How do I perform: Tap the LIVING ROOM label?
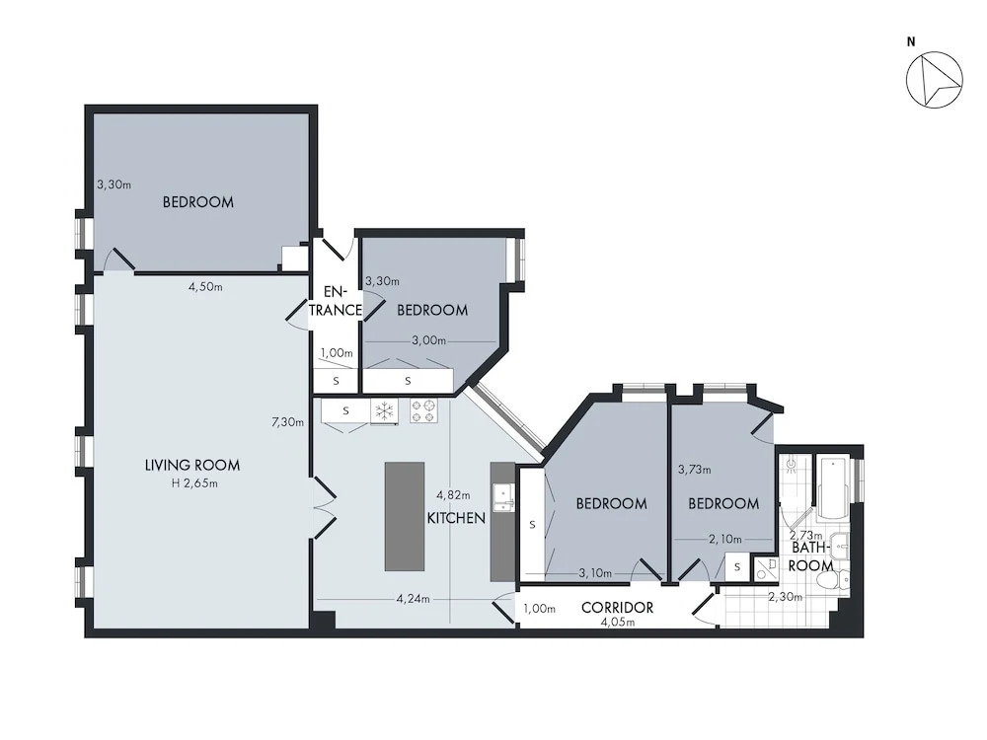192,466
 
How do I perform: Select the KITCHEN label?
456,518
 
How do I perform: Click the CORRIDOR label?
617,608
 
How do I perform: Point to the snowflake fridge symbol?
384,411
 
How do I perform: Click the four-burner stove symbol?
423,410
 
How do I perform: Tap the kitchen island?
405,517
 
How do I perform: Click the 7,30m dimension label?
287,422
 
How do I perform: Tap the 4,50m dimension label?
206,287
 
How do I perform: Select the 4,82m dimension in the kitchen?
453,495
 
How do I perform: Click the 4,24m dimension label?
413,599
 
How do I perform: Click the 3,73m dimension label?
694,470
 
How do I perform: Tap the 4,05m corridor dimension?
618,623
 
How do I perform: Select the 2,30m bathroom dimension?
785,597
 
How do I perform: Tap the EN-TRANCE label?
335,301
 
